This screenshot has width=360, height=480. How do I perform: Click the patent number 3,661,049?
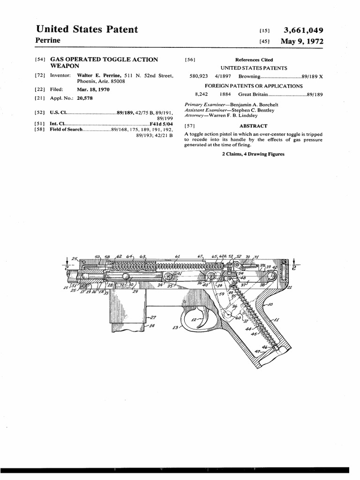[303, 30]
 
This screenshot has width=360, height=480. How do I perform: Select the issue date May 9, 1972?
[302, 42]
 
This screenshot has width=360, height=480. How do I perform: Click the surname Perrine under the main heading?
[49, 41]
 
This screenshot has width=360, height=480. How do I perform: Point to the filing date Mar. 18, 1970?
[93, 89]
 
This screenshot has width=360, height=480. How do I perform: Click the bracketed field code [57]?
[189, 126]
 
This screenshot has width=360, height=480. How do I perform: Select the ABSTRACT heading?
[253, 126]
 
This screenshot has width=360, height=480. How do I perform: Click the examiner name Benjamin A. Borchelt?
[250, 105]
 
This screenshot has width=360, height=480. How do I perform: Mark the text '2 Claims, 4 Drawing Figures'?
[253, 154]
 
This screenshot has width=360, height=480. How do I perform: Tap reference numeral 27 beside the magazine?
[153, 317]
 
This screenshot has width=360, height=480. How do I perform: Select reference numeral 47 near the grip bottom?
[271, 351]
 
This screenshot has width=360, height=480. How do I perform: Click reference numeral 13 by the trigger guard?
[175, 328]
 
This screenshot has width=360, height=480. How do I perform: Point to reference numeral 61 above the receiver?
[178, 256]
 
